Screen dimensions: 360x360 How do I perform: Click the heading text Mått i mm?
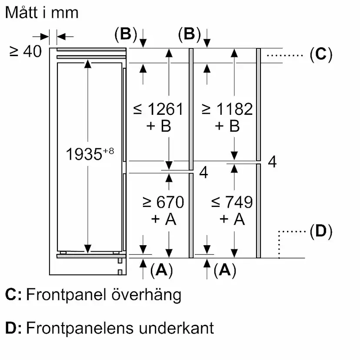42,13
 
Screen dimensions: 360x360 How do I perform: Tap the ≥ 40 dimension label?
26,51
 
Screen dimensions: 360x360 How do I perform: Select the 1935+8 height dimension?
90,153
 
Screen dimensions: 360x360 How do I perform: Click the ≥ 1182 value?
227,109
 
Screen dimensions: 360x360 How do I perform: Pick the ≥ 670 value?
163,202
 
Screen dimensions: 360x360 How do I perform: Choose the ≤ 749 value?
232,202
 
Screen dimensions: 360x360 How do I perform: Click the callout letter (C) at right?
321,54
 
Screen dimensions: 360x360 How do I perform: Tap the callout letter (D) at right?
321,232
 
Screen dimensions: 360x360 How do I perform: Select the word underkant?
177,327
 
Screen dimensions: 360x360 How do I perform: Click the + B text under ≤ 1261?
158,127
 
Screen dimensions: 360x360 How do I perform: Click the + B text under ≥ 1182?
227,127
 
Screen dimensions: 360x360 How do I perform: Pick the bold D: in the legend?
13,327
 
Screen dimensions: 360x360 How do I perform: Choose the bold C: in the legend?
13,295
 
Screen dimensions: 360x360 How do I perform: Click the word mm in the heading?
66,13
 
